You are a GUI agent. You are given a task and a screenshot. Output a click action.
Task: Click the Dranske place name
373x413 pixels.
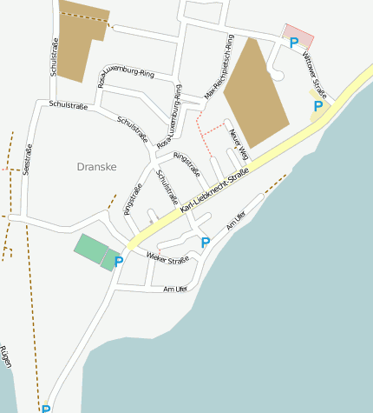pos(97,166)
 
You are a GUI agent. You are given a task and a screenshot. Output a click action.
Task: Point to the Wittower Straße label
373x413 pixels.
pos(315,74)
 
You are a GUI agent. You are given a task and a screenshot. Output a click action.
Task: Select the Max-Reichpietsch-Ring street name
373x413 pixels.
pos(219,67)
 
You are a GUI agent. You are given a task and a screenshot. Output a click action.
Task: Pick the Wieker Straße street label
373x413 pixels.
pos(167,258)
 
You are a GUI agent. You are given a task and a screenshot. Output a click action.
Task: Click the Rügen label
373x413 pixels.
pos(7,356)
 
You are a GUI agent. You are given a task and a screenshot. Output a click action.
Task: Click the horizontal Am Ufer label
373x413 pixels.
pos(175,289)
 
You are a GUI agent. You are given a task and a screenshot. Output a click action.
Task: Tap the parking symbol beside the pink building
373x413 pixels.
pos(294,43)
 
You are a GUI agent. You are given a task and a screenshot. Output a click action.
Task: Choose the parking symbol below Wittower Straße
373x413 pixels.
pos(318,106)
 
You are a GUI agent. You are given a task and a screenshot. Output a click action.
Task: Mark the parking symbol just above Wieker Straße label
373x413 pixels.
pos(205,243)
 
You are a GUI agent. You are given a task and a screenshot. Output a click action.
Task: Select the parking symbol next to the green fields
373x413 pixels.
pos(119,261)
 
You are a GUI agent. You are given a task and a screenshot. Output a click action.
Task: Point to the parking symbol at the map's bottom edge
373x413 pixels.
pos(46,409)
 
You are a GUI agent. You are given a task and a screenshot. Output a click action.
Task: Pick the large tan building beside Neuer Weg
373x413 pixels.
pos(257,94)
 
